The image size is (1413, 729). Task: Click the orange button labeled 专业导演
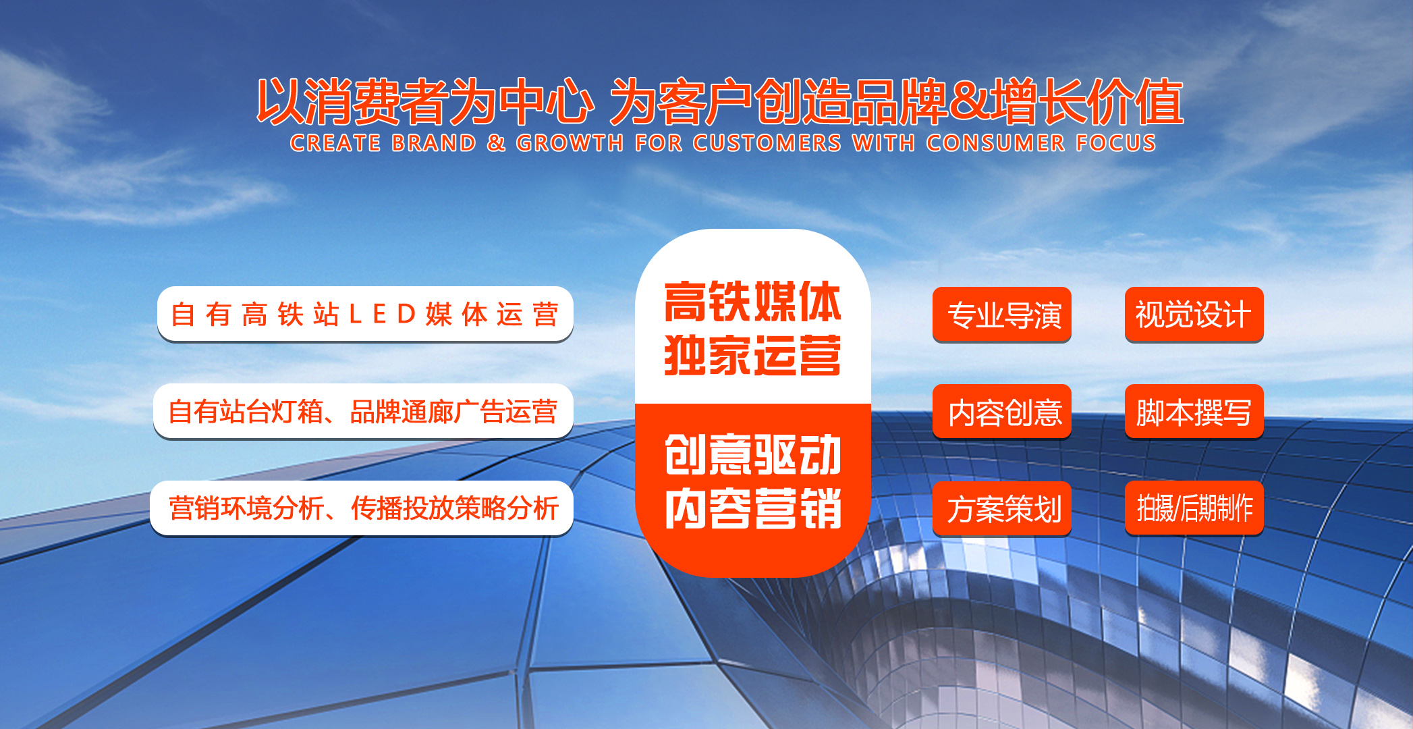[1002, 315]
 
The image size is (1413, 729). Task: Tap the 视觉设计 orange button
[1194, 315]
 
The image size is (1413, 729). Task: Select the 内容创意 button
[1002, 412]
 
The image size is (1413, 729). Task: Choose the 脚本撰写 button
[1194, 412]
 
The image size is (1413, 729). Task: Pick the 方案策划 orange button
[1002, 508]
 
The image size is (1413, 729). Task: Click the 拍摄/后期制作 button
[1194, 508]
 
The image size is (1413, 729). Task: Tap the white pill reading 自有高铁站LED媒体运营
[365, 314]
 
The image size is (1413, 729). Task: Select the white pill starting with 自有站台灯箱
[363, 411]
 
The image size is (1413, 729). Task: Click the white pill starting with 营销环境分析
[362, 508]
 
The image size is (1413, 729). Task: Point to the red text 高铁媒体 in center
[752, 302]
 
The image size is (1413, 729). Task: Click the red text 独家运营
[752, 355]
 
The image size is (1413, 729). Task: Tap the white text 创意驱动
[752, 455]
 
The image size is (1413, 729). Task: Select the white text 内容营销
[752, 508]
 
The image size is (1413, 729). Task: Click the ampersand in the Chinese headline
[970, 103]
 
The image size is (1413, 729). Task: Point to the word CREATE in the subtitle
[336, 143]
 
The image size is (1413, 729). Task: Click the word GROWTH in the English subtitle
[570, 143]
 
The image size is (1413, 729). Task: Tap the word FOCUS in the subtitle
[1115, 143]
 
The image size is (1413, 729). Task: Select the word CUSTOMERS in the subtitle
[767, 143]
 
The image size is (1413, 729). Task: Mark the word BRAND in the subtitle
[434, 143]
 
